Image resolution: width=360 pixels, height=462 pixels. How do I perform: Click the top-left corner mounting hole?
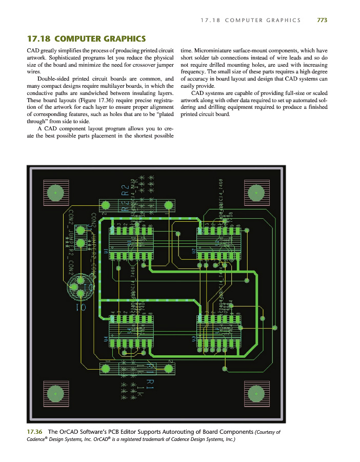(x=54, y=192)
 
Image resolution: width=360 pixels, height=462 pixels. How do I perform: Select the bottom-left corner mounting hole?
(x=54, y=393)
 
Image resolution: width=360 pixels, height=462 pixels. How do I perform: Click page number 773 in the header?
(x=322, y=20)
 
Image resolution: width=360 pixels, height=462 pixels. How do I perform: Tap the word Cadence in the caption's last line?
(x=36, y=440)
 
